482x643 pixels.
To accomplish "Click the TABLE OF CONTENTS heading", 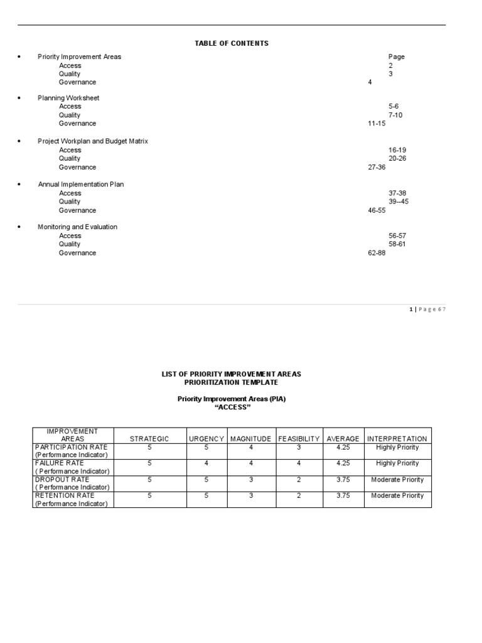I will coord(232,43).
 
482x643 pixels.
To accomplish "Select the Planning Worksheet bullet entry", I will coord(68,98).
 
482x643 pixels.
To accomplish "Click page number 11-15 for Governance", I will coord(377,124).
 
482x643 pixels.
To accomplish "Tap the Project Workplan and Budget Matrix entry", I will coord(93,141).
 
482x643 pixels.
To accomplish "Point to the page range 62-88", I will coord(377,252).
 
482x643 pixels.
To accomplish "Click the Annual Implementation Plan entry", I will coord(81,185).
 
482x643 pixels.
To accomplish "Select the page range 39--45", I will coord(399,202).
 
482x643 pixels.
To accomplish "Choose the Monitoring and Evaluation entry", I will coord(77,227).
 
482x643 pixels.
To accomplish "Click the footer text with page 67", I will coord(427,310).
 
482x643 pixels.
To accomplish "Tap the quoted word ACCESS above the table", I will coord(232,408).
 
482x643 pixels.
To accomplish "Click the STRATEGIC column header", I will coord(149,439).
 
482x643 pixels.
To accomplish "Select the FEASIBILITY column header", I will coord(299,439).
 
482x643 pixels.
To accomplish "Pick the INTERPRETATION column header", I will coord(397,439).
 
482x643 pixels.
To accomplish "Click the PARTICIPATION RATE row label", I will coord(72,447).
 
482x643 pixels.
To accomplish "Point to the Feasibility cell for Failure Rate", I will coord(299,463).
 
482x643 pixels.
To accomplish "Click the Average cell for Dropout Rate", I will coord(343,480).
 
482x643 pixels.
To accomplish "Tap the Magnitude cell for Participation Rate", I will coord(250,447).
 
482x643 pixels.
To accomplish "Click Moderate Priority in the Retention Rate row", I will coord(397,495).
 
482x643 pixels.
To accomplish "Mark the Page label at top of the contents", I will coord(396,57).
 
